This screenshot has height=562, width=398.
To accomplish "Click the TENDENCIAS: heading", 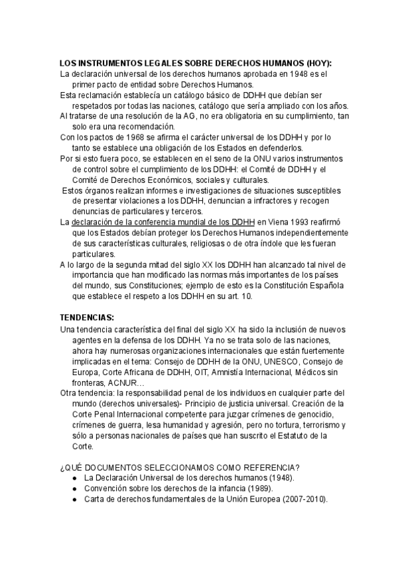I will pos(87,318).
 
